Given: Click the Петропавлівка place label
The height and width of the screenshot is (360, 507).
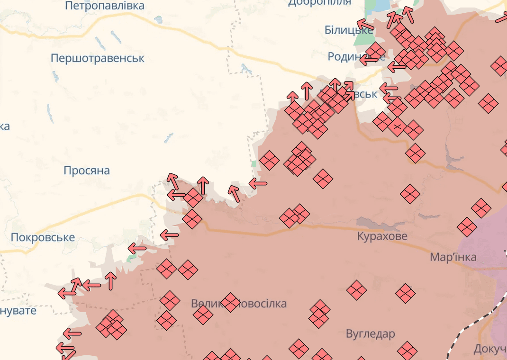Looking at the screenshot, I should (105, 6).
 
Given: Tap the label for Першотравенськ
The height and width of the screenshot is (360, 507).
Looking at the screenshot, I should (98, 59).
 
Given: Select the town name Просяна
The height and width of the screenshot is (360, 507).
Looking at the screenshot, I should (87, 171).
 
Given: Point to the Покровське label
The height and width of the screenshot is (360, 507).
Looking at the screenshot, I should (43, 237).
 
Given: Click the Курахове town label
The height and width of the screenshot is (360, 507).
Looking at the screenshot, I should (382, 236).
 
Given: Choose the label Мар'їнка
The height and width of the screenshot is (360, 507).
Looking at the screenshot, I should (453, 257).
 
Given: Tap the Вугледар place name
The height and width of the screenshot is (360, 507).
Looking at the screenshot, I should (371, 334).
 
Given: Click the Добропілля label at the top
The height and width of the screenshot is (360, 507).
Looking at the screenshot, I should (320, 3).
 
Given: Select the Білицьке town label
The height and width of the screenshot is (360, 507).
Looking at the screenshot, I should (348, 30).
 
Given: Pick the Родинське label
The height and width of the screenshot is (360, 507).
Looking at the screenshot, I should (348, 56).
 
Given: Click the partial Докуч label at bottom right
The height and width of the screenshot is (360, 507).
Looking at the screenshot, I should (489, 350).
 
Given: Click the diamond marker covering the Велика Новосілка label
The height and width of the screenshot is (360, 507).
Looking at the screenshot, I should (230, 302).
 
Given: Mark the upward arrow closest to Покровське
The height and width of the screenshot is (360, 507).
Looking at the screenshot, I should (111, 281).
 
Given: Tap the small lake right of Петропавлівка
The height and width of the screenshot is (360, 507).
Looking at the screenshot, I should (158, 20).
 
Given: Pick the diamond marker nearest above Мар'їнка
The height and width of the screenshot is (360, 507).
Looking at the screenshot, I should (467, 227).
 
